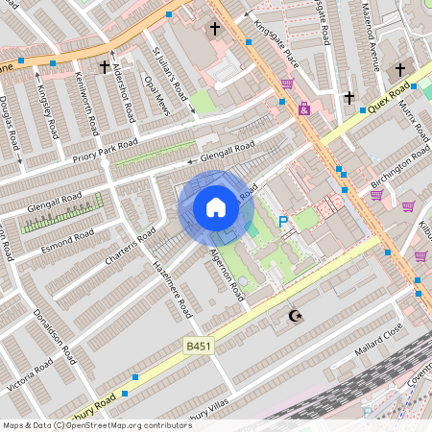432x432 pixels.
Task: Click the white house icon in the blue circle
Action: pyautogui.click(x=216, y=207)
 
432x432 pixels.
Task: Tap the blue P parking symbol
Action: pyautogui.click(x=283, y=222)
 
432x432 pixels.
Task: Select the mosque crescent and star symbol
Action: pyautogui.click(x=295, y=316)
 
